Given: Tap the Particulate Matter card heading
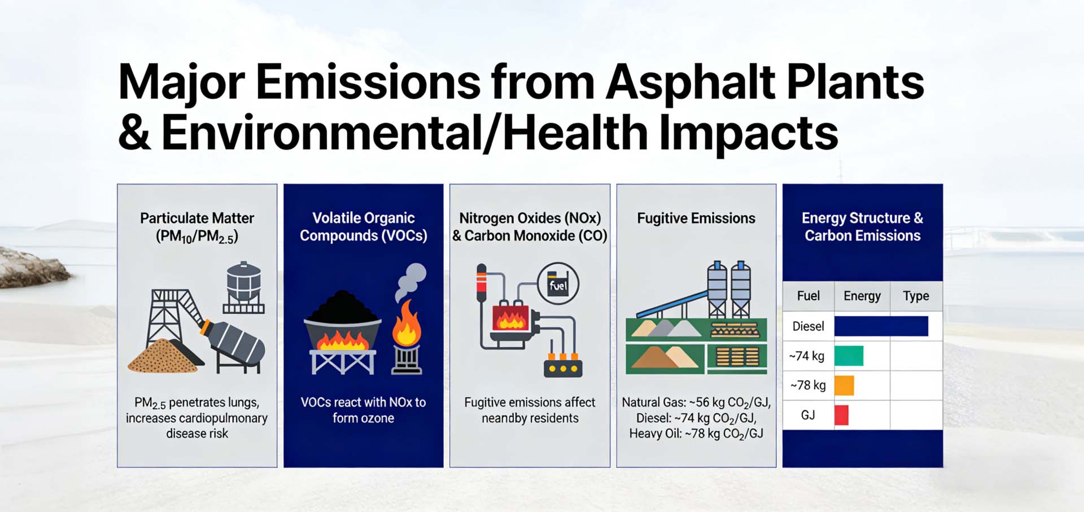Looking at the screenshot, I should tap(197, 226).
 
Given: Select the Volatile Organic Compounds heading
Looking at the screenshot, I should tap(363, 226).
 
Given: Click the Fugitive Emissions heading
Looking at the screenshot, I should tap(696, 218).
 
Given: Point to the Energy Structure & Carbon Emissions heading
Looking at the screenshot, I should tap(862, 226).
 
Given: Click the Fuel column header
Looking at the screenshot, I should tap(808, 296).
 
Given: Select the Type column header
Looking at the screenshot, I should tap(915, 296).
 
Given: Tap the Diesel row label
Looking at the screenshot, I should tap(808, 326).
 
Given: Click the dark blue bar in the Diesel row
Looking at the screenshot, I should tap(881, 326).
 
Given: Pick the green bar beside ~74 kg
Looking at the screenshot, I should tap(849, 356).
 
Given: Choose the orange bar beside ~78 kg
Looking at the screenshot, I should tap(844, 386).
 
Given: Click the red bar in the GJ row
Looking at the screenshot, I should tap(841, 415).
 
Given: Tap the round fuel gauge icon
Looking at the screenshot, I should tap(558, 284).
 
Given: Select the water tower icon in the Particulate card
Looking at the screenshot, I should tap(244, 287).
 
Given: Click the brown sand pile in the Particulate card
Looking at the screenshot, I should tap(163, 357).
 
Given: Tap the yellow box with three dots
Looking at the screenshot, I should tap(562, 367).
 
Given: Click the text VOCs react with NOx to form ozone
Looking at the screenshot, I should tap(363, 410).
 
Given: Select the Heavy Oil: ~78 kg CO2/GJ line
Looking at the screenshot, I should tap(696, 434).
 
